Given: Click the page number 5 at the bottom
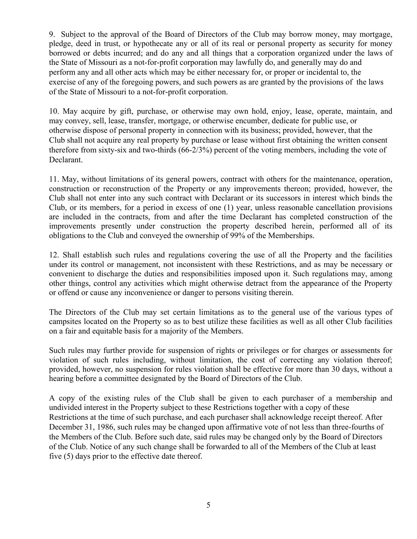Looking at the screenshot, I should [208, 505].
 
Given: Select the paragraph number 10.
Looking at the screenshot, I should [54, 111].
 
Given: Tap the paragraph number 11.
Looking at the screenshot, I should [53, 179].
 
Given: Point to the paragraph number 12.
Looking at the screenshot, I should [54, 255].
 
